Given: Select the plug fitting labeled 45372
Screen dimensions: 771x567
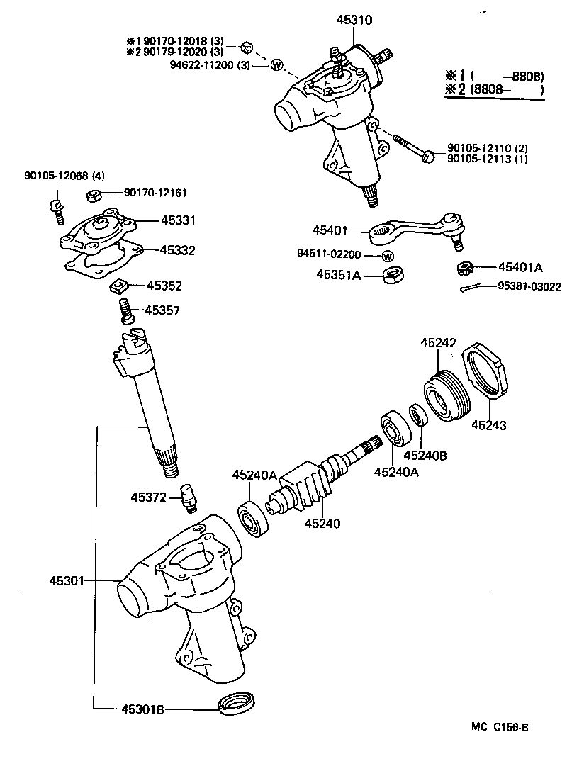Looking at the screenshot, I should coord(189,498).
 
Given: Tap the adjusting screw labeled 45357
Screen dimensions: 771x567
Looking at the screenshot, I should coord(126,311).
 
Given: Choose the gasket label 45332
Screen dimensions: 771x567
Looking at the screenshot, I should coord(177,250).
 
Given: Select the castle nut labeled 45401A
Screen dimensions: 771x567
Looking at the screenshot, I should coord(464,269).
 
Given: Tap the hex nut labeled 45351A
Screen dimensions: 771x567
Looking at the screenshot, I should coord(391,275).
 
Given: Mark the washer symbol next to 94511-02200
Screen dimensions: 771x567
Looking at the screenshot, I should coord(388,255).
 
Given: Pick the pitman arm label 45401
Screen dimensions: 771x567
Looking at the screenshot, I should coord(332,230).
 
